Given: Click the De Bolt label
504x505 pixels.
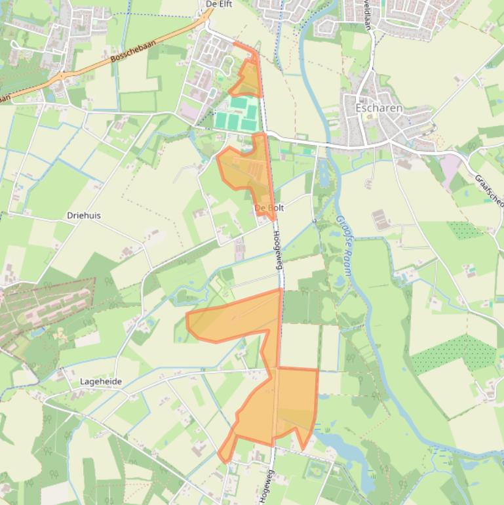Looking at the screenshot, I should (269, 208).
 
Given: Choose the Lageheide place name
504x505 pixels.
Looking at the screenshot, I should (100, 382).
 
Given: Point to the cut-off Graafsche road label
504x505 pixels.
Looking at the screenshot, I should (489, 191).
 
